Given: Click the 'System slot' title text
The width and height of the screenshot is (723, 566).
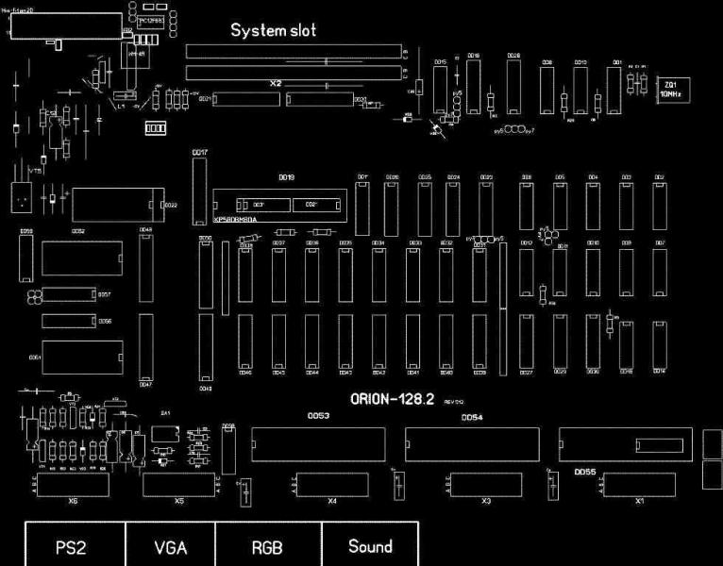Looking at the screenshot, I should coord(274,31).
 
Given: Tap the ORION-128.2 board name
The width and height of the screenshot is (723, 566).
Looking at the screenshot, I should coord(391,400).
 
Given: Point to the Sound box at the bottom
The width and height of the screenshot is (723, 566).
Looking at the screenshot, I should coord(370,546).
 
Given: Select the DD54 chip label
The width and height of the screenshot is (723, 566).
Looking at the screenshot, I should coord(472,417).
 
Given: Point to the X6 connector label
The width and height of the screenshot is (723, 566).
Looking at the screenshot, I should coord(73,501).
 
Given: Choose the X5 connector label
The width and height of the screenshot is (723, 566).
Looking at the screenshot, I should coord(179,501).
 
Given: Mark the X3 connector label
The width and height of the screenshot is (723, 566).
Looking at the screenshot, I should coord(486,501).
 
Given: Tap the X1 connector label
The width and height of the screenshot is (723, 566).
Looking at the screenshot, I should coord(640,501).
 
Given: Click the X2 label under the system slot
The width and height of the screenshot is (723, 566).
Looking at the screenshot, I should coord(276,84).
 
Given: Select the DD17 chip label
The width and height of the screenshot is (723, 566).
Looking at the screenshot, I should coord(200,152).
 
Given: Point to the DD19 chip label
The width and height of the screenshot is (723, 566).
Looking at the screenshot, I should coord(287,177).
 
